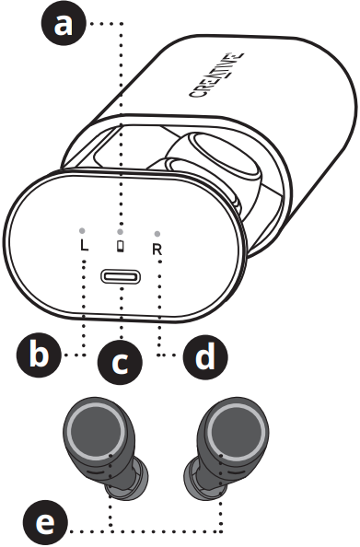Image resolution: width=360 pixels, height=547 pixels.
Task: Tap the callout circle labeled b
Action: pos(38,355)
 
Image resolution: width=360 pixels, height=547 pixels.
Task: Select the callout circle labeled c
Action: pos(119,363)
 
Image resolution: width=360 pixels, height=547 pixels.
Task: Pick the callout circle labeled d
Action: pos(202,355)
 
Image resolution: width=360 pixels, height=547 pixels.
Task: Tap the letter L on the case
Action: pos(84,247)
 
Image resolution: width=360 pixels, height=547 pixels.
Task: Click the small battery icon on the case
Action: pos(121,246)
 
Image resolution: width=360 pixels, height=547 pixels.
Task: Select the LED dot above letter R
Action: pos(158,233)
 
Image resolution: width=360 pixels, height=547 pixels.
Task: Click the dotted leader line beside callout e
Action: pos(147,531)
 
